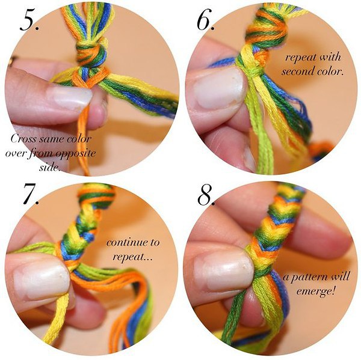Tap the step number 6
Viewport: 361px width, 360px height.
coord(205,20)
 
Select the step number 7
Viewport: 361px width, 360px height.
coord(31,194)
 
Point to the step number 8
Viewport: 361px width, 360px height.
coord(206,194)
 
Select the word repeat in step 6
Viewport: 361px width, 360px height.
coord(299,58)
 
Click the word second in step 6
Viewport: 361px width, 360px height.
coord(297,71)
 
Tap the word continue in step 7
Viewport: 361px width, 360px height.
coord(129,242)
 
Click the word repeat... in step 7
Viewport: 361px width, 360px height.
coord(132,257)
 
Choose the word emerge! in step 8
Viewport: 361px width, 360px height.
coord(315,291)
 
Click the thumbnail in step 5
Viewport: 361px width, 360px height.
coord(69,97)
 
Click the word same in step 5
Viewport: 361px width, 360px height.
coord(55,139)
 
